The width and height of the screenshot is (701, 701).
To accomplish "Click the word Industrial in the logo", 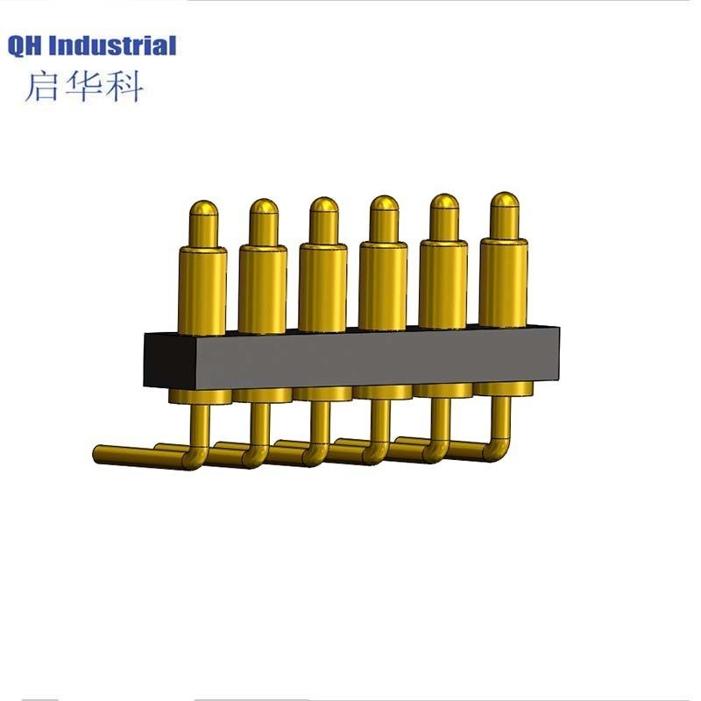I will [x=113, y=46].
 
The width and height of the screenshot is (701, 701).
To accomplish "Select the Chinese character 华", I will [x=83, y=86].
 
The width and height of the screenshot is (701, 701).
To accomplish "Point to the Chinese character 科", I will [x=124, y=86].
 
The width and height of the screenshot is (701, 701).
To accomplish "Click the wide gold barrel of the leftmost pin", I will [x=203, y=289].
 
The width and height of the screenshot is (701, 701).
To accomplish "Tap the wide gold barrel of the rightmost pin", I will [x=504, y=280].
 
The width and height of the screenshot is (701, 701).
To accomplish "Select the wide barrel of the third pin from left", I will [x=323, y=286].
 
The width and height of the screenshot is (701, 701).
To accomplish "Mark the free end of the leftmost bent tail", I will [x=99, y=453].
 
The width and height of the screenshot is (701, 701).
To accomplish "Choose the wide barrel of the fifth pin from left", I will [x=443, y=282].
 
